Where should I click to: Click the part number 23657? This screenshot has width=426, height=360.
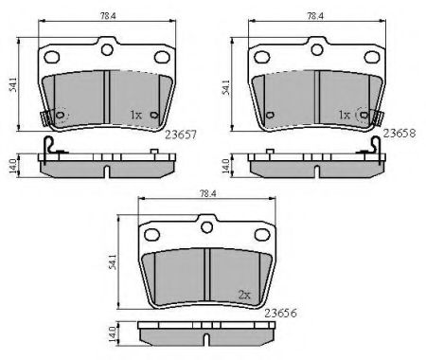tap(181, 135)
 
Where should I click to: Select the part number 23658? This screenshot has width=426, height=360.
tap(399, 134)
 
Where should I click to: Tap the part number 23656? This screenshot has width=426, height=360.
tap(280, 313)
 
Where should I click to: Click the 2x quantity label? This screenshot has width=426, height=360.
tap(244, 295)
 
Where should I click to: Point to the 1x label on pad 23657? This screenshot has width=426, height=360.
tap(136, 115)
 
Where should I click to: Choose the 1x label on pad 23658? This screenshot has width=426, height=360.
tap(344, 115)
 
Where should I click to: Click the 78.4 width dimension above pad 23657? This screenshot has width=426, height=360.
tap(108, 16)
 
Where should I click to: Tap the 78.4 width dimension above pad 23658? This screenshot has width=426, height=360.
tap(315, 16)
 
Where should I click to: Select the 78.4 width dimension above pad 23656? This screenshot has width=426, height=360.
tap(208, 194)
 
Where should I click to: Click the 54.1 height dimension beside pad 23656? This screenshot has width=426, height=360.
tap(113, 262)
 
